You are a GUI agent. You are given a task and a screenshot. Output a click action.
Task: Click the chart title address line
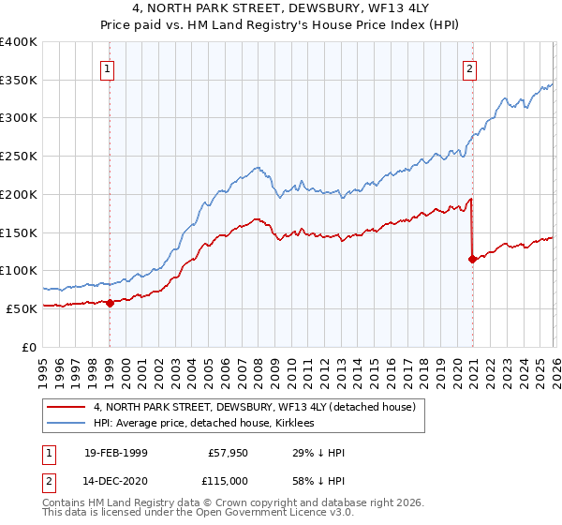coord(281,9)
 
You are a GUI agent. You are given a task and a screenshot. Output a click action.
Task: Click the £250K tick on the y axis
coord(19,157)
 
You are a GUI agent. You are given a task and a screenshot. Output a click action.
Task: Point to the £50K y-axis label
coord(22,308)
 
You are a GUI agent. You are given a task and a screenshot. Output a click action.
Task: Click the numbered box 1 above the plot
coord(109,67)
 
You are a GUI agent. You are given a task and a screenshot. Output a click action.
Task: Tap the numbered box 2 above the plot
coord(468,67)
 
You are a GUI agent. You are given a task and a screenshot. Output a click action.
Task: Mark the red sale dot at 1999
coord(111,303)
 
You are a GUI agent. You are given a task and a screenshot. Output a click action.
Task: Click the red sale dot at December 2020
coord(471,260)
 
